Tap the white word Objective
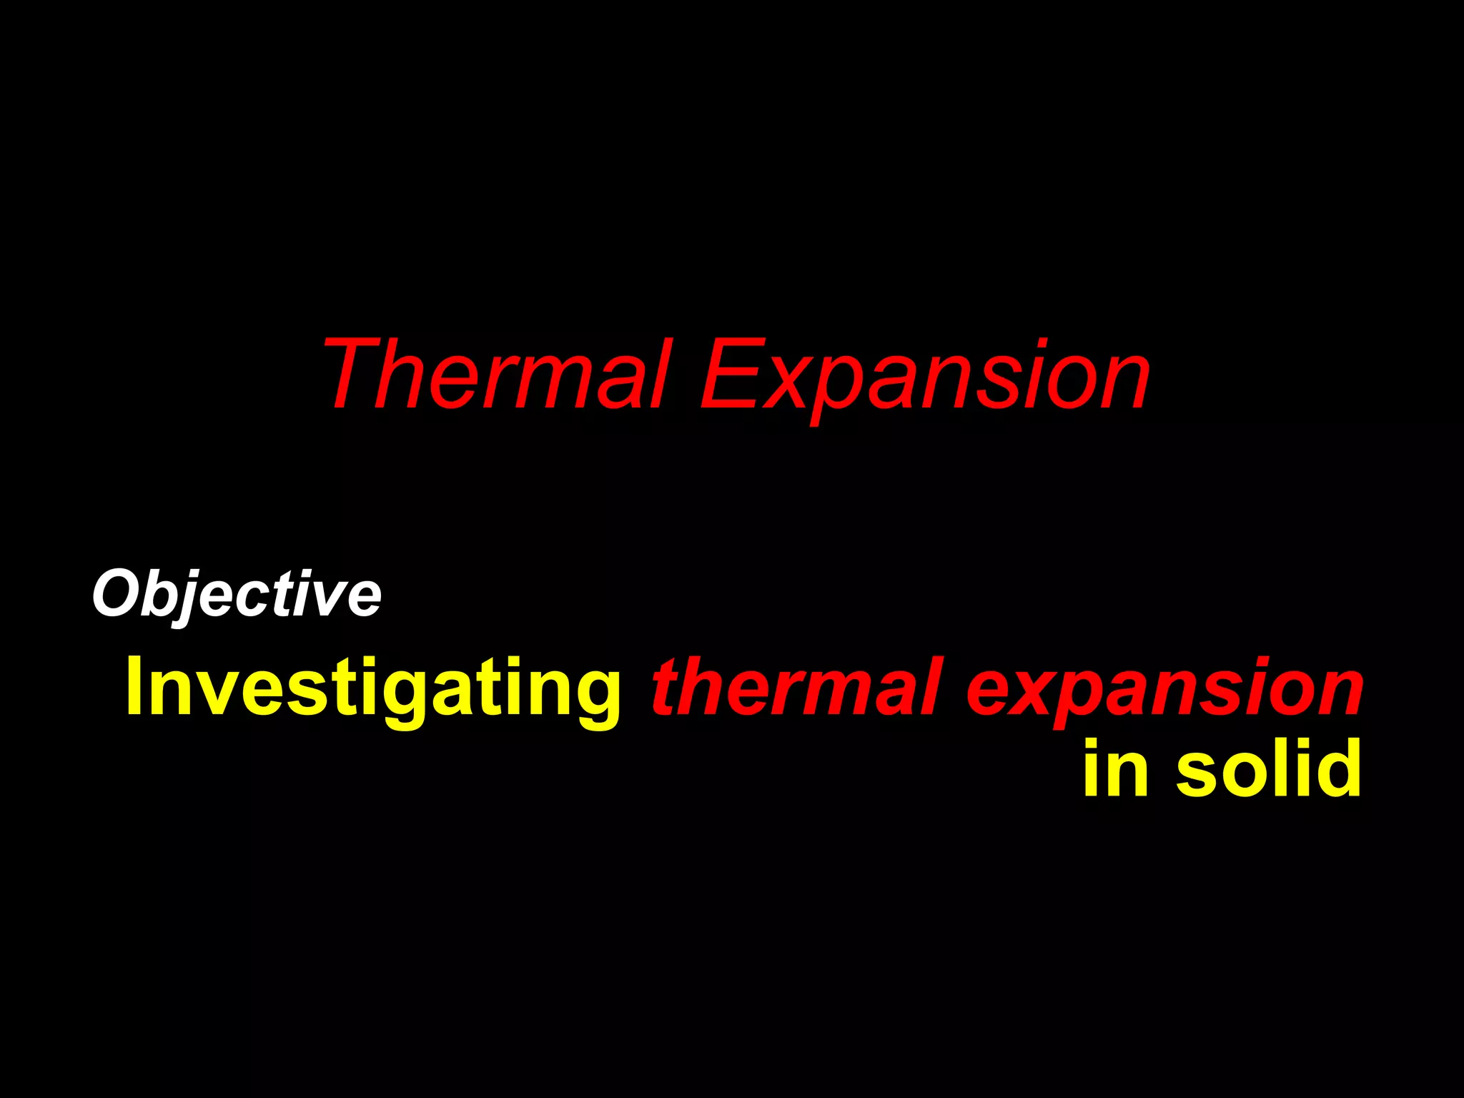pyautogui.click(x=237, y=593)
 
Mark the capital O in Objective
pyautogui.click(x=116, y=593)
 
